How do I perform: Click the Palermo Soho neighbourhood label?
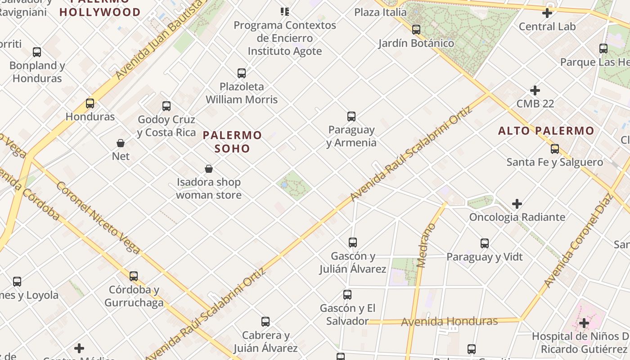(x=232, y=141)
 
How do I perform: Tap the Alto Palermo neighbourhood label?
(x=546, y=131)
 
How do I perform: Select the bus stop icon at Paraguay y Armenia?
(x=351, y=117)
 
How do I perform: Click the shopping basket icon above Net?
(x=121, y=143)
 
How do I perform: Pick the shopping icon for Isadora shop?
(x=209, y=169)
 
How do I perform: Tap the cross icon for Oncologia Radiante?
(x=517, y=204)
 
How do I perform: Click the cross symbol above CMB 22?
(x=535, y=90)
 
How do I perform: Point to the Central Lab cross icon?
(x=547, y=13)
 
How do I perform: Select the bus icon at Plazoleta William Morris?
(x=242, y=73)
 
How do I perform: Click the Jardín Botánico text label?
(x=416, y=43)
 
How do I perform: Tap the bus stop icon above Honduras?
(x=90, y=103)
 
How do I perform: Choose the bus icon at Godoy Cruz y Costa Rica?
(x=166, y=106)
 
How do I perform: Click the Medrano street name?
(x=424, y=245)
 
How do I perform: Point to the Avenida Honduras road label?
(x=449, y=321)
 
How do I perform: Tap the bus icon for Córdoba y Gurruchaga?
(x=134, y=276)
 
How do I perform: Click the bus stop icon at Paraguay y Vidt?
(x=485, y=243)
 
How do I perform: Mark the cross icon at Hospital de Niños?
(x=584, y=323)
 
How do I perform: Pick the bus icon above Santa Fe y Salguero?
(x=555, y=149)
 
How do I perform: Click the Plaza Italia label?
(x=380, y=12)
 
